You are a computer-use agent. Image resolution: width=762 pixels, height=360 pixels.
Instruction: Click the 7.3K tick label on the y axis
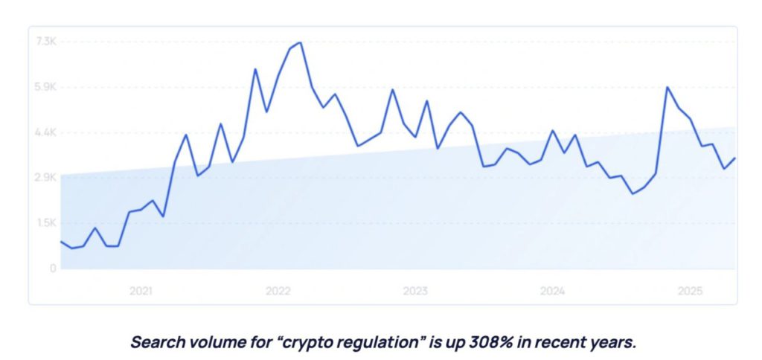pos(46,42)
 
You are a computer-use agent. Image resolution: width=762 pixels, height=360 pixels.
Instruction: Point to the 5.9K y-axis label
pos(46,87)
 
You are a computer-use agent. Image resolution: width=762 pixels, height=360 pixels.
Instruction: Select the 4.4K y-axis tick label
pos(46,132)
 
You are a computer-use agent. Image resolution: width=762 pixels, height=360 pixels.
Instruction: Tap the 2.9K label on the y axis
pos(46,178)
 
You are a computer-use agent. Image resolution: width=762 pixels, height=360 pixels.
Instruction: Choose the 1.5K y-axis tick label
pos(46,223)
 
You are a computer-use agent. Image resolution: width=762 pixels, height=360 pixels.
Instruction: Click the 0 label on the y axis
pos(53,269)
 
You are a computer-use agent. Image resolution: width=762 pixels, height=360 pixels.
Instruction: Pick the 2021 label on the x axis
pos(141,291)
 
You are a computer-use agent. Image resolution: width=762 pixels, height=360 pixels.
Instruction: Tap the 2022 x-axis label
pos(278,291)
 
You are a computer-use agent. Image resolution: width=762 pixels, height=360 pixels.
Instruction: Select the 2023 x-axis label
pos(415,291)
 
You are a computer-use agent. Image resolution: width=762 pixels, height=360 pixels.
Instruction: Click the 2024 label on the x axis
pos(553,291)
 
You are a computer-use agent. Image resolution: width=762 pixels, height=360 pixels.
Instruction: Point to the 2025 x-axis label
pos(690,291)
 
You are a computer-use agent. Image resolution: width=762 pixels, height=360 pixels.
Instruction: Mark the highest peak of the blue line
pos(300,42)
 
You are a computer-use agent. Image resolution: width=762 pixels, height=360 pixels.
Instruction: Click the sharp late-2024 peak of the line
pos(667,88)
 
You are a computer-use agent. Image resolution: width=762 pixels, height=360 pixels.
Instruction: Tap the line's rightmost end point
pos(735,158)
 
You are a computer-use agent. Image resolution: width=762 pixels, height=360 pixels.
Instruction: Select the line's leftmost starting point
pos(61,242)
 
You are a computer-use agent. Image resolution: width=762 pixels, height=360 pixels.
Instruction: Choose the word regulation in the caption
pos(376,343)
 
